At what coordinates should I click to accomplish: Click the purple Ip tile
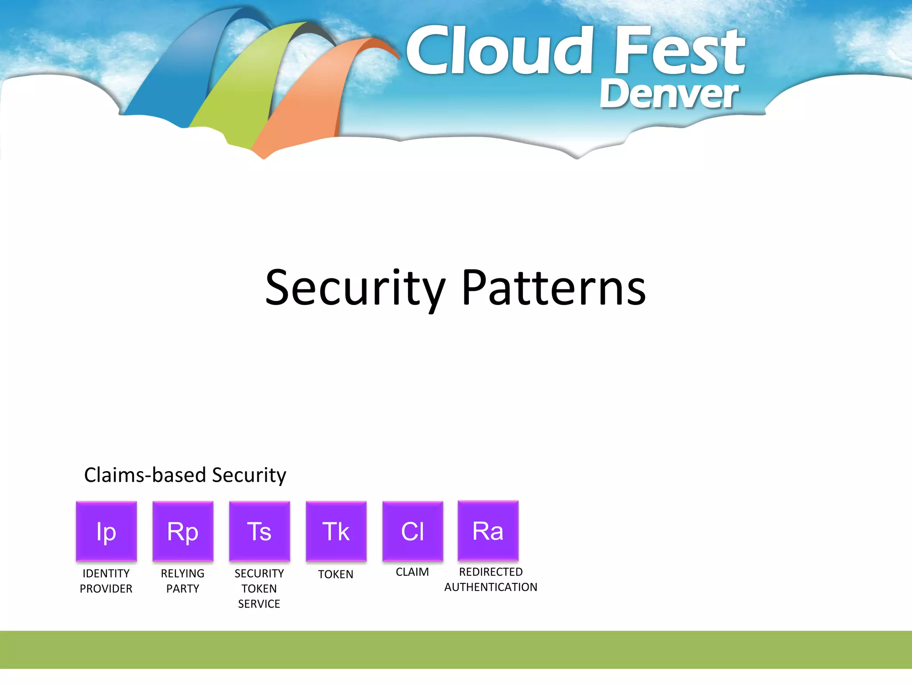(106, 531)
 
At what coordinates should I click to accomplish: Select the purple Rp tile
(183, 531)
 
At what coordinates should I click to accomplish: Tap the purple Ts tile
(259, 531)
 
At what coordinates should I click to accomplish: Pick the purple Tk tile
(336, 531)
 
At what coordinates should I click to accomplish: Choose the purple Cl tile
(412, 531)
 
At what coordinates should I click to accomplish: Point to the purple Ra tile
(488, 530)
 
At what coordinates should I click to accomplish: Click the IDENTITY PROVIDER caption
(106, 581)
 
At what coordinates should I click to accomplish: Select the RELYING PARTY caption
(183, 581)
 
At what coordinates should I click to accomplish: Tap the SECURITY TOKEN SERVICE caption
(259, 588)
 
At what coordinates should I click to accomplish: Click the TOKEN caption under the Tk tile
(336, 574)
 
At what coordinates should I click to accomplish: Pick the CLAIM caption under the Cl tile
(412, 572)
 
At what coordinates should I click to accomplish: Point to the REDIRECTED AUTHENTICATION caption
(491, 579)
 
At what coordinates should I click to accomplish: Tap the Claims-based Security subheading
(185, 475)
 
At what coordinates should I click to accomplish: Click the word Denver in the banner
(669, 94)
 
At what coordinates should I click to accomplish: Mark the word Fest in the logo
(680, 51)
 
